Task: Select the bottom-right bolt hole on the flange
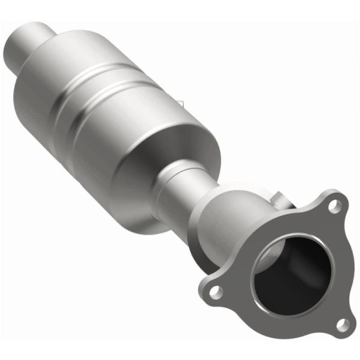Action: pos(342,325)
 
